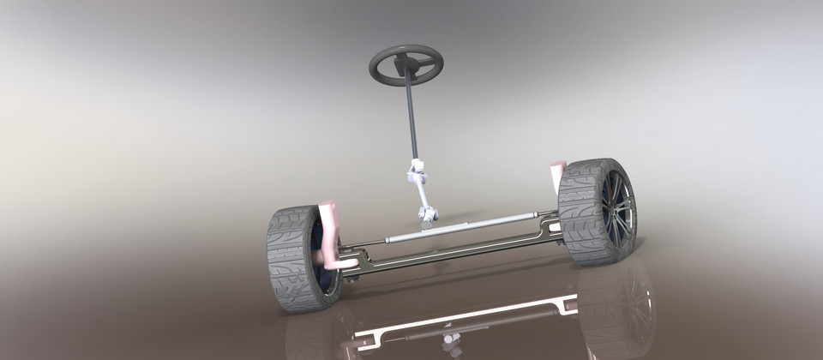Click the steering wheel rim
(406, 48)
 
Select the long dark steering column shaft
(411, 120)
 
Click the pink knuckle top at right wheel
(557, 170)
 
